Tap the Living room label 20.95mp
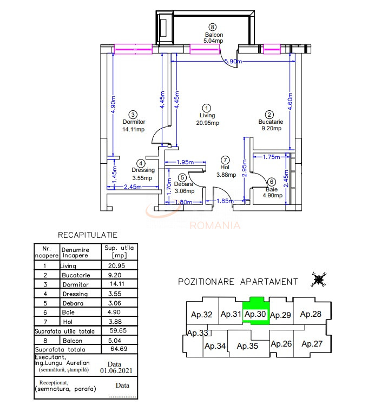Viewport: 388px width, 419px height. coord(207,123)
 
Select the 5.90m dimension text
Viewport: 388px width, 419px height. coord(233,62)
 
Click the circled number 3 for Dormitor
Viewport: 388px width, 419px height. coord(133,115)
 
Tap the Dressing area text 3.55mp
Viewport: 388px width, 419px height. coord(142,177)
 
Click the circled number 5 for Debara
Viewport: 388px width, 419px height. coord(182,177)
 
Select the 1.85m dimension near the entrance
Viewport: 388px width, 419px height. coord(224,201)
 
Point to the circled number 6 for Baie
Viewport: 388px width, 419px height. coord(272,182)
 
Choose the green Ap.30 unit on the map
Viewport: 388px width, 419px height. coord(255,314)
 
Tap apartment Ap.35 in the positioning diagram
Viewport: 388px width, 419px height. coord(247,346)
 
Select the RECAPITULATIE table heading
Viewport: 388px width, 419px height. coord(88,235)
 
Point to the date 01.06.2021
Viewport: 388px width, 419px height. coord(115,371)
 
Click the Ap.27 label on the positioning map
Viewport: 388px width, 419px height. coord(312,343)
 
